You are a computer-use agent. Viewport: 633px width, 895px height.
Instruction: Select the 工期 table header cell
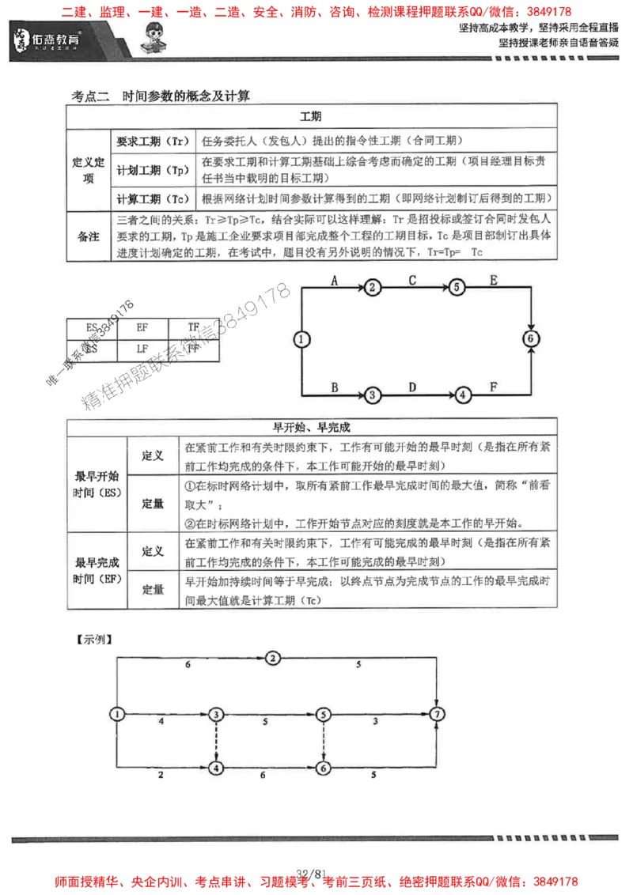pyautogui.click(x=311, y=116)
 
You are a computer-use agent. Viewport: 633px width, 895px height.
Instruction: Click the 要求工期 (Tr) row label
pyautogui.click(x=151, y=142)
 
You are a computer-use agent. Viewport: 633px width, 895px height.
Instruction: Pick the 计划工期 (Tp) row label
pyautogui.click(x=151, y=170)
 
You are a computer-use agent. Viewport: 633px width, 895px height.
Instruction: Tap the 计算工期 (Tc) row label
pyautogui.click(x=151, y=198)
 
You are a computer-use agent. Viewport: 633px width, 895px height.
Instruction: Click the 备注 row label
pyautogui.click(x=88, y=236)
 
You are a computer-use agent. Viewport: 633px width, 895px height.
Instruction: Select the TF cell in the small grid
pyautogui.click(x=194, y=327)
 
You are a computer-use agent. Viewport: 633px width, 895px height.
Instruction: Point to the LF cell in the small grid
pyautogui.click(x=142, y=348)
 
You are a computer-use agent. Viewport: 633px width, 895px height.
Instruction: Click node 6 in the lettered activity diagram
pyautogui.click(x=531, y=338)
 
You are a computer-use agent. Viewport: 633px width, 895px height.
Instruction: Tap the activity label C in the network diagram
pyautogui.click(x=413, y=280)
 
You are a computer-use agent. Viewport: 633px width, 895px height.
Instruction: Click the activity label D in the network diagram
pyautogui.click(x=411, y=387)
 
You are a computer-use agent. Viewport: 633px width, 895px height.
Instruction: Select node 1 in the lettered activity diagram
pyautogui.click(x=300, y=339)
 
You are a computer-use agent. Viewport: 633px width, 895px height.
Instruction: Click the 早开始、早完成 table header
pyautogui.click(x=311, y=427)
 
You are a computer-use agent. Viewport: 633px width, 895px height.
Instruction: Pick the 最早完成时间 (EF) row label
pyautogui.click(x=97, y=571)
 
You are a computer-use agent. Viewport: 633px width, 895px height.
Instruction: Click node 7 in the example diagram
pyautogui.click(x=437, y=714)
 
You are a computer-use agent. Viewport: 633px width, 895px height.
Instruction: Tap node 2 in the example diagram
pyautogui.click(x=272, y=658)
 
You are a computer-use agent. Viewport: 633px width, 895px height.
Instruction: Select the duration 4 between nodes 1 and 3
pyautogui.click(x=161, y=721)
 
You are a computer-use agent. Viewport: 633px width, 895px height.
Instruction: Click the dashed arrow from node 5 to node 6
pyautogui.click(x=323, y=740)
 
